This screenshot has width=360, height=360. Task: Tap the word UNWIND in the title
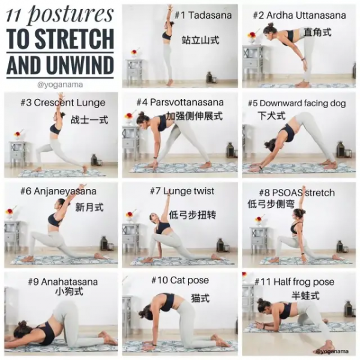click(x=80, y=65)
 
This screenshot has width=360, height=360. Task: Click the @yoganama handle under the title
click(x=60, y=85)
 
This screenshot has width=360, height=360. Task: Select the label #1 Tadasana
click(x=203, y=16)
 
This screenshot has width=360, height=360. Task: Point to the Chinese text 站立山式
click(x=200, y=40)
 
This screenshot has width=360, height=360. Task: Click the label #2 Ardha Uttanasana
click(x=299, y=16)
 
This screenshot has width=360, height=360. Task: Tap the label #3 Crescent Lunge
click(x=63, y=103)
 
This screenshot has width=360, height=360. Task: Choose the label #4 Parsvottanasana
click(x=180, y=102)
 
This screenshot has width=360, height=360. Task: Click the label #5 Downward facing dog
click(x=296, y=103)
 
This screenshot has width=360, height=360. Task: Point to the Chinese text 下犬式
click(x=271, y=115)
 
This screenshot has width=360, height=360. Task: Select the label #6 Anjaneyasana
click(x=58, y=191)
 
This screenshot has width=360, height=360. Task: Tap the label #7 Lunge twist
click(x=182, y=191)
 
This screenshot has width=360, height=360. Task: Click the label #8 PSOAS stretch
click(x=297, y=193)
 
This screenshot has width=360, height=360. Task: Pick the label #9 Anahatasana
click(x=62, y=282)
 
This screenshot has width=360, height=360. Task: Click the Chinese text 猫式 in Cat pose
click(x=200, y=298)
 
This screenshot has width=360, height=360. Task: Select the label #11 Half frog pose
click(x=295, y=282)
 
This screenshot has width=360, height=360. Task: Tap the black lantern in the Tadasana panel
click(x=209, y=77)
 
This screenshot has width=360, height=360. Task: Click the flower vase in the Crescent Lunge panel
click(x=17, y=136)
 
